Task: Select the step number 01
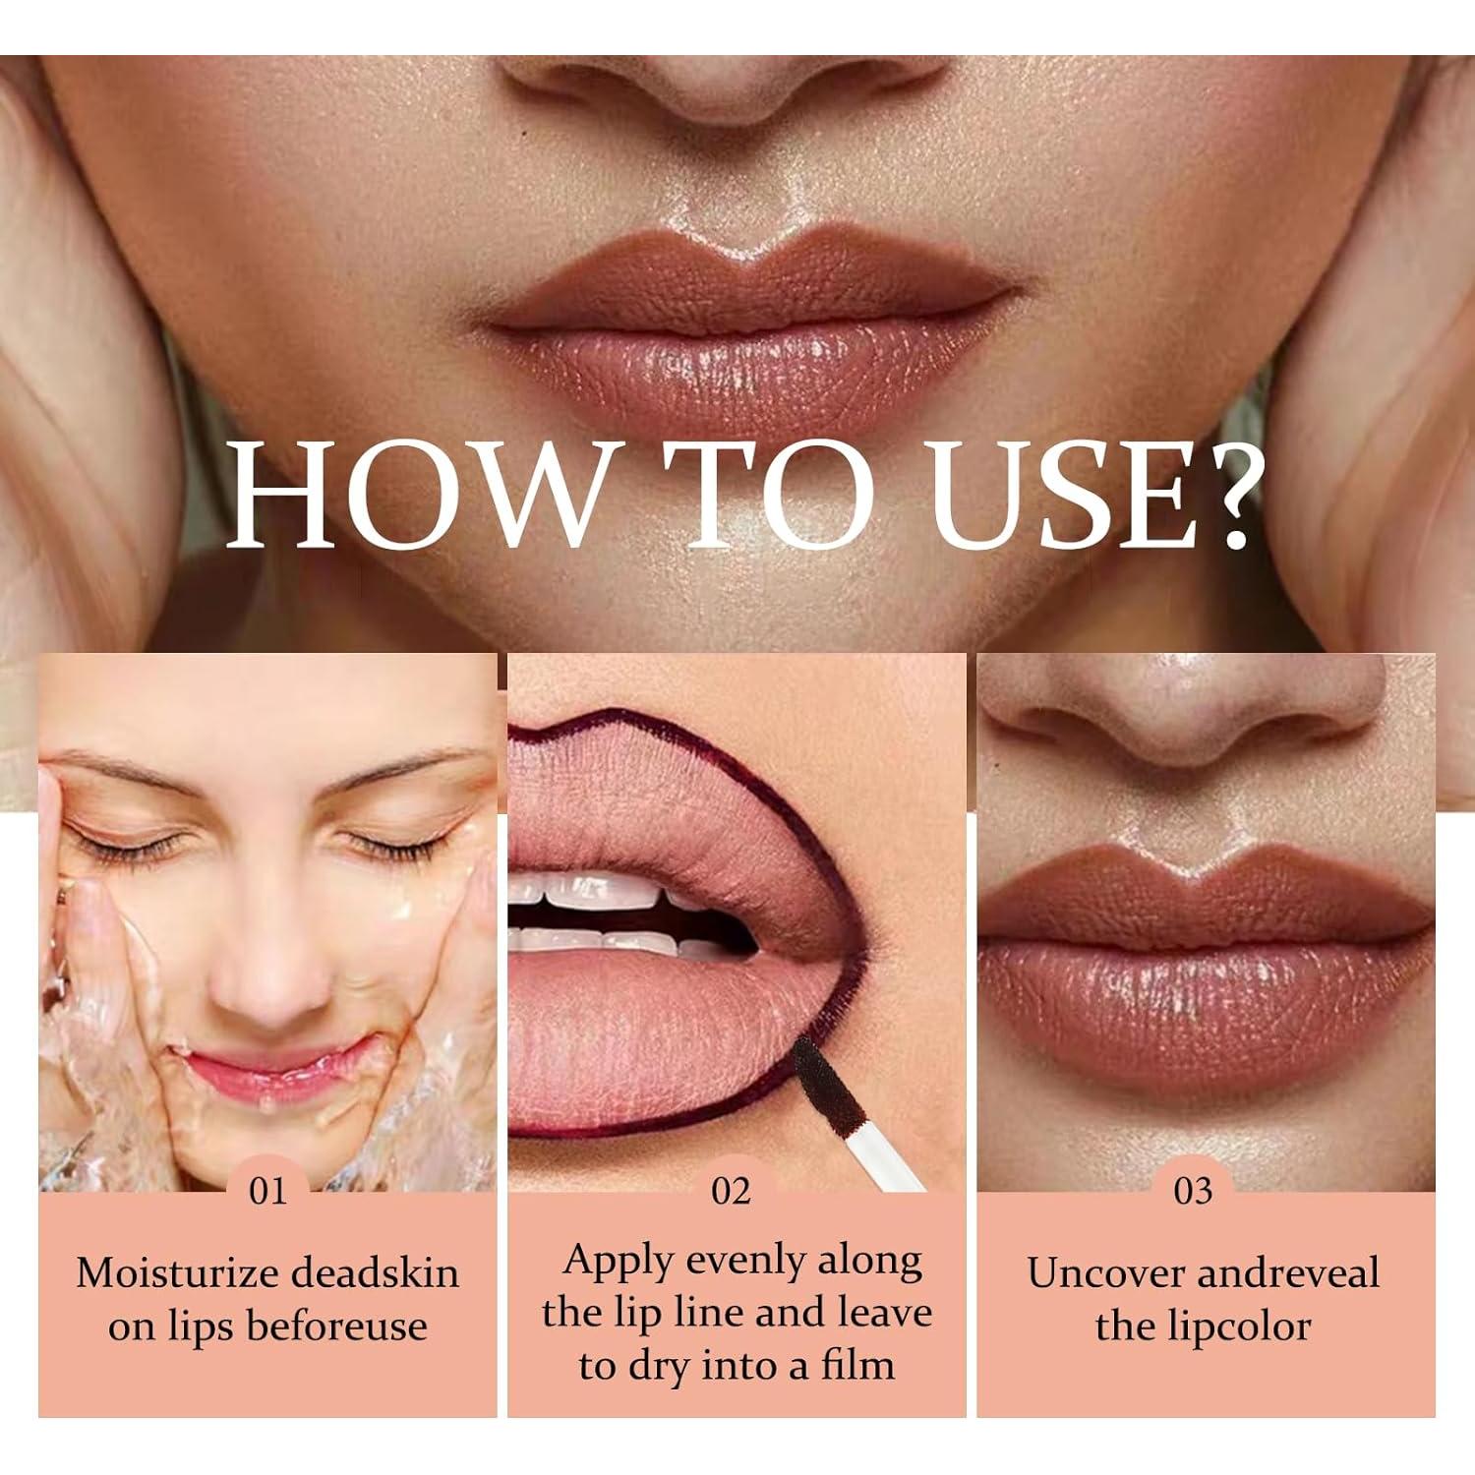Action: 266,1191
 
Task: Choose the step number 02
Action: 731,1191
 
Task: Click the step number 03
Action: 1193,1191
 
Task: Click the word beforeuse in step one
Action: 336,1327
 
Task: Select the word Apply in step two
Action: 619,1260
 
